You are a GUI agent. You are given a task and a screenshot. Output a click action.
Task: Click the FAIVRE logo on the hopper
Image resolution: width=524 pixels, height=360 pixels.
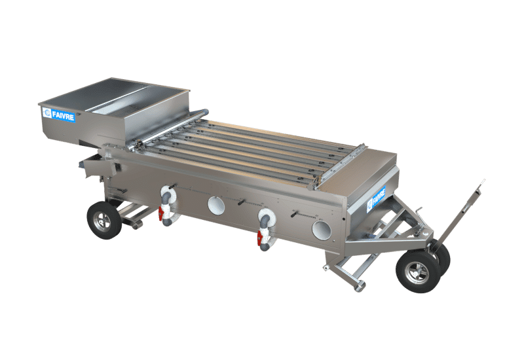(x=58, y=114)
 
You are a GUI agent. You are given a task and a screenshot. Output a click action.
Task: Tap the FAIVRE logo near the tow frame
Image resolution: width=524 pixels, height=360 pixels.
(x=376, y=199)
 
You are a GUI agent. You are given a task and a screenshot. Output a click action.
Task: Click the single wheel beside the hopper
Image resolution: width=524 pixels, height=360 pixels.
(x=104, y=220)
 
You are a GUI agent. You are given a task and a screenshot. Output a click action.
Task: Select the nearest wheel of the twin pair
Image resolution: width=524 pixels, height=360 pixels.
(x=418, y=272)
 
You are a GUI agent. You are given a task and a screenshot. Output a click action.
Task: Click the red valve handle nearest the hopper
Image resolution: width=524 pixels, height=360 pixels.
(x=161, y=213)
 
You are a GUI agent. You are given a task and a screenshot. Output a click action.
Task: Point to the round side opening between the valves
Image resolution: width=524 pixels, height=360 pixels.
(x=216, y=206)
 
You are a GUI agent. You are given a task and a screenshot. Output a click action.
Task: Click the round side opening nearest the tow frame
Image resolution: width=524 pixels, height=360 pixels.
(x=322, y=230)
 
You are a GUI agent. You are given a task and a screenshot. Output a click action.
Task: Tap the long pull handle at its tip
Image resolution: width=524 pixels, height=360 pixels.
(x=482, y=182)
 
